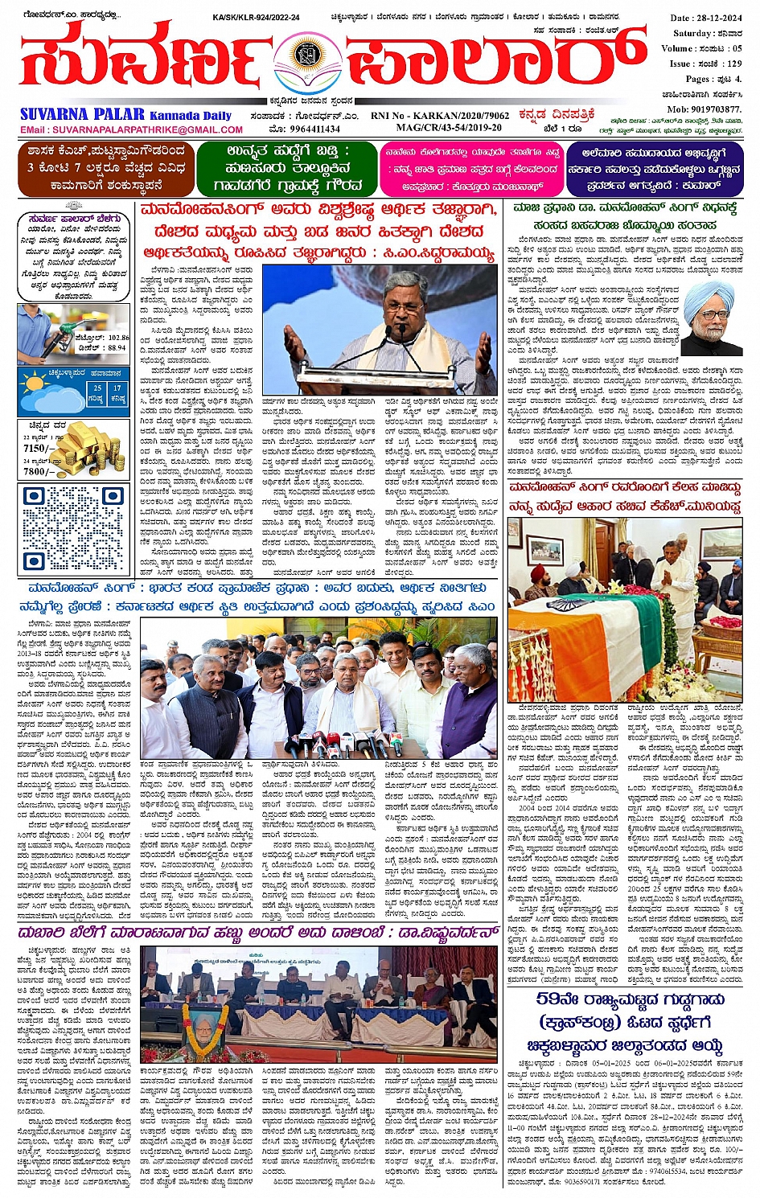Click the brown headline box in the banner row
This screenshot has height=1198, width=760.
105,168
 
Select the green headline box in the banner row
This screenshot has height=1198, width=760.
287,168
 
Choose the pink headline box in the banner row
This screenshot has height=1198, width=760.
471,168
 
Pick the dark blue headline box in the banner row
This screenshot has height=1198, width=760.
653,168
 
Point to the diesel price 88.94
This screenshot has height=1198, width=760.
117,348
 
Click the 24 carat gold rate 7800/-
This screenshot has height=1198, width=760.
38,472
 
